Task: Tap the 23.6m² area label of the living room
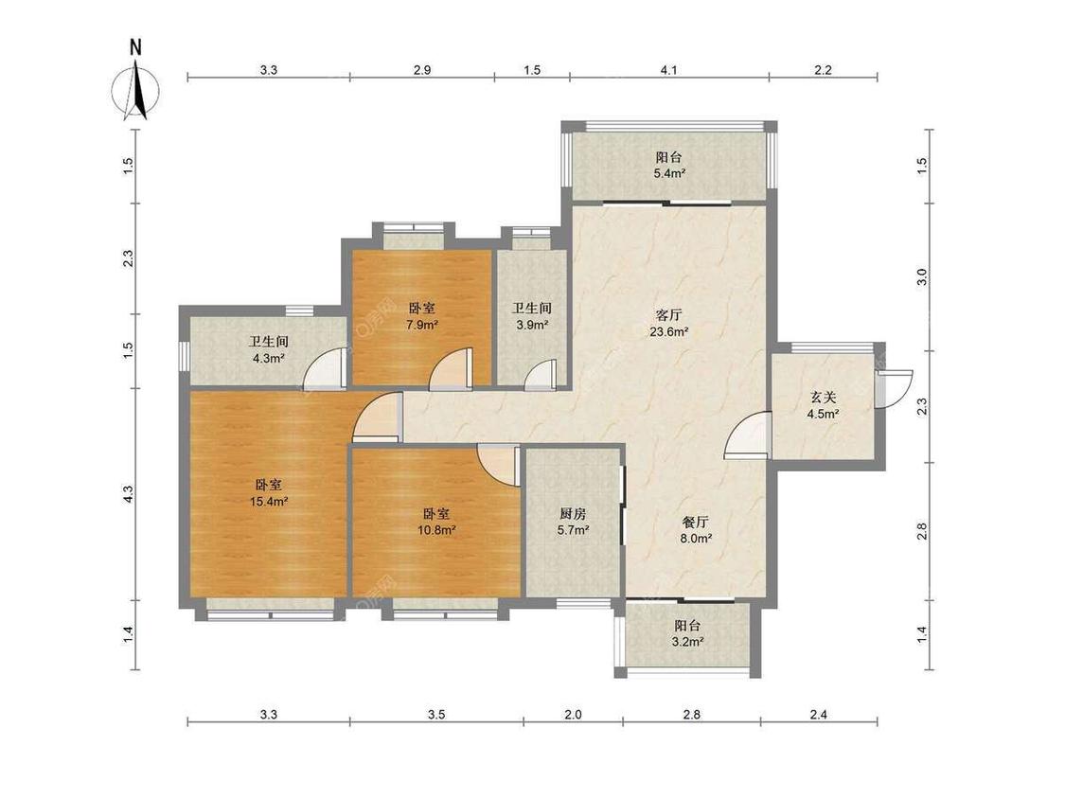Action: pos(669,332)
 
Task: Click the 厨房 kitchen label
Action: pos(574,514)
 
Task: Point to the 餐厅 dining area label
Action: pos(696,522)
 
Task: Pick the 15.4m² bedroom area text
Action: pos(269,502)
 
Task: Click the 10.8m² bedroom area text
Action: pos(436,530)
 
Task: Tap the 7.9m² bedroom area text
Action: pos(422,324)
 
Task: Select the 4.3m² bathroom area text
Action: pos(268,358)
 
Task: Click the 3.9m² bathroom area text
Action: pos(532,325)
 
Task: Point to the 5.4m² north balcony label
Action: pos(669,173)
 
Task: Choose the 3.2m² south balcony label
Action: pos(687,641)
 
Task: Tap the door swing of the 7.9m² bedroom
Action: pos(450,369)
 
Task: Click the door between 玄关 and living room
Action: pos(748,435)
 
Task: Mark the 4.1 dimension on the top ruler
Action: pos(669,69)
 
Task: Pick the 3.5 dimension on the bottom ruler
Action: pos(436,714)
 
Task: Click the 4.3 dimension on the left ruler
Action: pos(129,494)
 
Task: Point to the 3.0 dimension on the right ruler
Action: pos(922,277)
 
